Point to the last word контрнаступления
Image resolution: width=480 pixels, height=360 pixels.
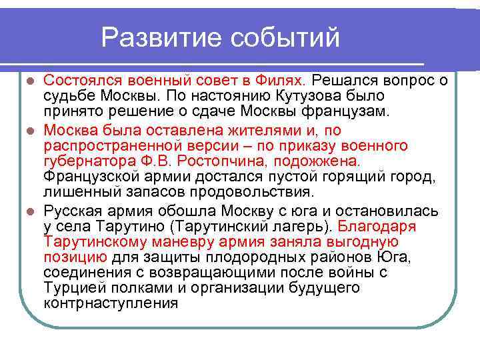coord(110,303)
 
